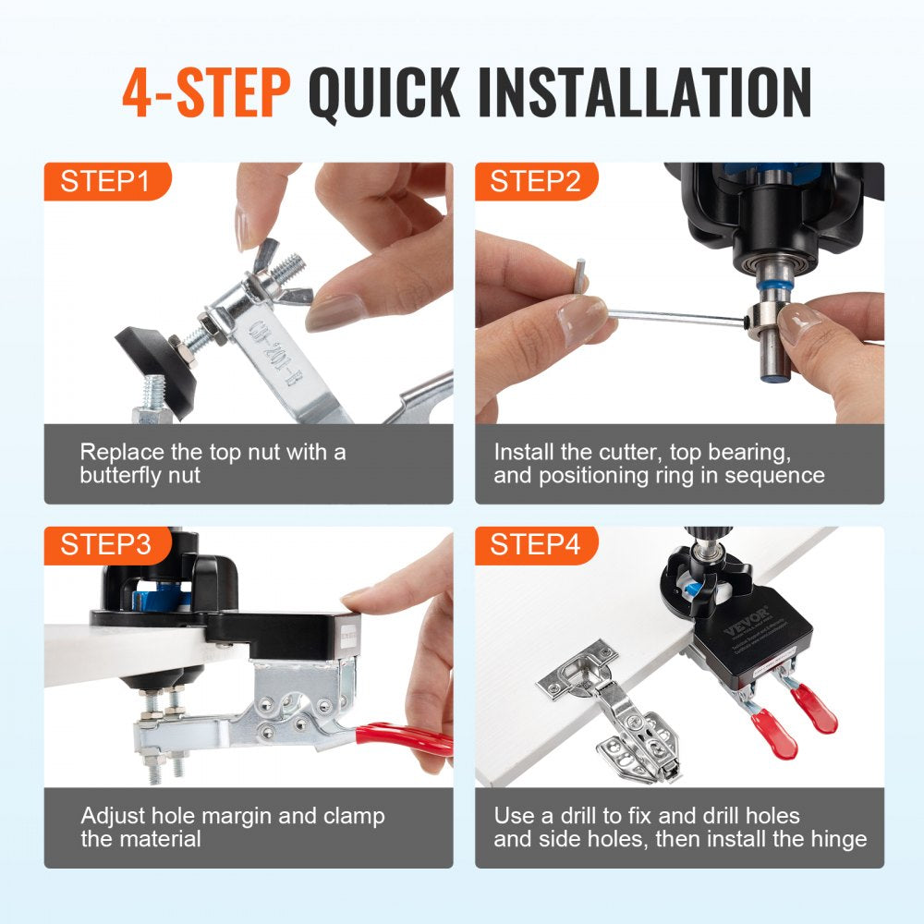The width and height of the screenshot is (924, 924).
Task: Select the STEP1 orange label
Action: click(x=104, y=181)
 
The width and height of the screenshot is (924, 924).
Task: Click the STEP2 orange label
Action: click(x=535, y=181)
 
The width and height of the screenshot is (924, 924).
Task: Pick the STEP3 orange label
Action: click(x=104, y=545)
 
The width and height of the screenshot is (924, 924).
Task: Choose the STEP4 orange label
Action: click(x=535, y=545)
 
